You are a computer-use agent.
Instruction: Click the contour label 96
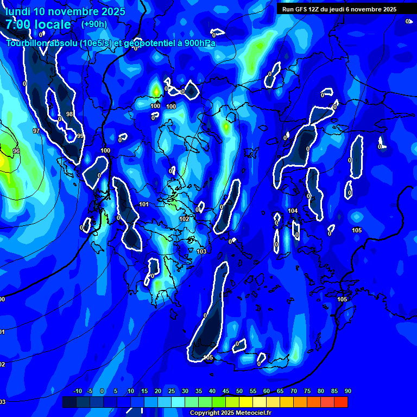click(x=16, y=151)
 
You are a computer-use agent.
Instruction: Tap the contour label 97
click(x=36, y=131)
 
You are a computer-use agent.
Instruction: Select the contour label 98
click(x=69, y=114)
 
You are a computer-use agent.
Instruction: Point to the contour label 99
click(x=80, y=136)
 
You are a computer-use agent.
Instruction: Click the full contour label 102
click(x=185, y=219)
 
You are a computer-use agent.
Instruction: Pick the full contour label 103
click(x=201, y=251)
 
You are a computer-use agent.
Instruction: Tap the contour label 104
click(x=293, y=211)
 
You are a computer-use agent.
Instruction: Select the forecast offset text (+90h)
click(x=94, y=24)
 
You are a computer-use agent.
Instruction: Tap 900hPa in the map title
click(x=199, y=43)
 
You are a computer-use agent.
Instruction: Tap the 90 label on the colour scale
click(x=347, y=391)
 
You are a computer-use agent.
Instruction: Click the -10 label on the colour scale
click(x=77, y=391)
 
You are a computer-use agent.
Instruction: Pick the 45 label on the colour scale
click(x=225, y=391)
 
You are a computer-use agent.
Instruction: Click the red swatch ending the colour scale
click(x=340, y=402)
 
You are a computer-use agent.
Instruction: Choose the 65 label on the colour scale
click(x=280, y=391)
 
